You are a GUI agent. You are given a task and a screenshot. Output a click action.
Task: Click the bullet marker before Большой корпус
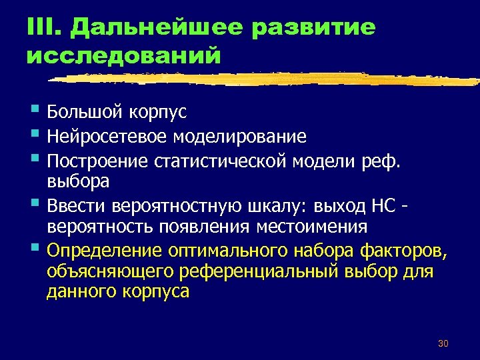pyautogui.click(x=35, y=110)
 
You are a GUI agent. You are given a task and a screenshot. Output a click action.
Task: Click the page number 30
pyautogui.click(x=443, y=343)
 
